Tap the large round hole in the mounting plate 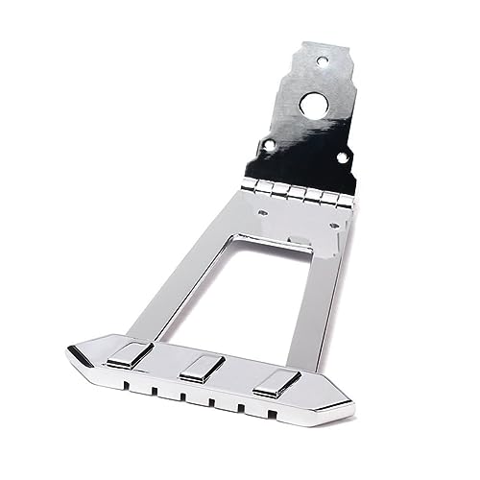click(311, 105)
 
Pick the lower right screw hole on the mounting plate click(341, 156)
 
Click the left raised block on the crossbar click(130, 353)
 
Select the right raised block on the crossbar click(275, 383)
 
